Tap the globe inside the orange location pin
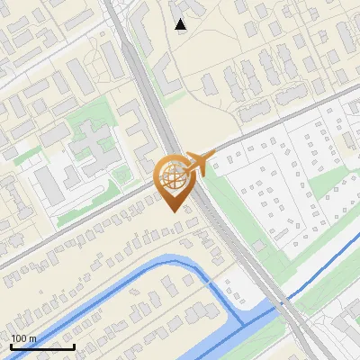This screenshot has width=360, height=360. (172, 178)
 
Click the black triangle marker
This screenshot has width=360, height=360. (181, 24)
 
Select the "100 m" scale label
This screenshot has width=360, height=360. (23, 338)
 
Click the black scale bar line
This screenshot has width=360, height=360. (42, 346)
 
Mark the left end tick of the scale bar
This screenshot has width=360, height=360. (11, 346)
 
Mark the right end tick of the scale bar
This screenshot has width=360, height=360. (74, 346)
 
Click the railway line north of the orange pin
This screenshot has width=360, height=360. (144, 81)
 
